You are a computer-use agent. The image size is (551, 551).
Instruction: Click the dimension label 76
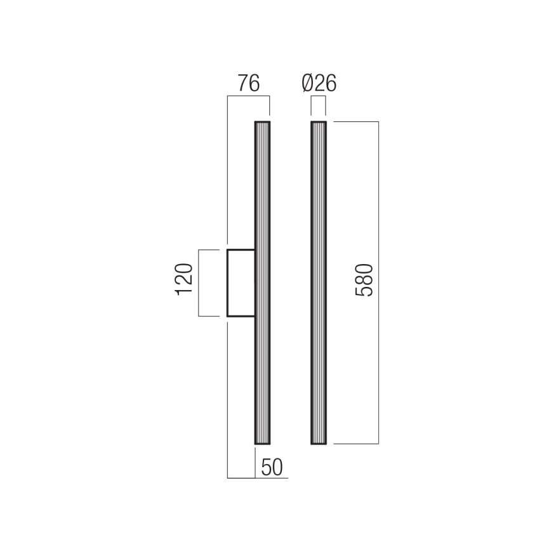pyautogui.click(x=248, y=84)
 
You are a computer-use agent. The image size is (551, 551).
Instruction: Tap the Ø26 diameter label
pyautogui.click(x=319, y=84)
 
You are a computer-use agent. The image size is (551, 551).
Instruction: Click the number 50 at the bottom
pyautogui.click(x=271, y=468)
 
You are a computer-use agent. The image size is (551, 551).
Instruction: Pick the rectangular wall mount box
pyautogui.click(x=241, y=283)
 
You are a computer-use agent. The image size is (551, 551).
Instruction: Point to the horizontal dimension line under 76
pyautogui.click(x=248, y=96)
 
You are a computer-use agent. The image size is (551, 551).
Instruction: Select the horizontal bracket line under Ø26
pyautogui.click(x=319, y=96)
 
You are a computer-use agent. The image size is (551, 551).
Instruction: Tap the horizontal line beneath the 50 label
pyautogui.click(x=258, y=477)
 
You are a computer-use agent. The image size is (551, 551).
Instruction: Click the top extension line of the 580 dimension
pyautogui.click(x=355, y=121)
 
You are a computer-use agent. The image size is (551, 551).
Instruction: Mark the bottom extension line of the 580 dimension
pyautogui.click(x=355, y=444)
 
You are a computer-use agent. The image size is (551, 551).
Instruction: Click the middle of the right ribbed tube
pyautogui.click(x=319, y=282)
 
